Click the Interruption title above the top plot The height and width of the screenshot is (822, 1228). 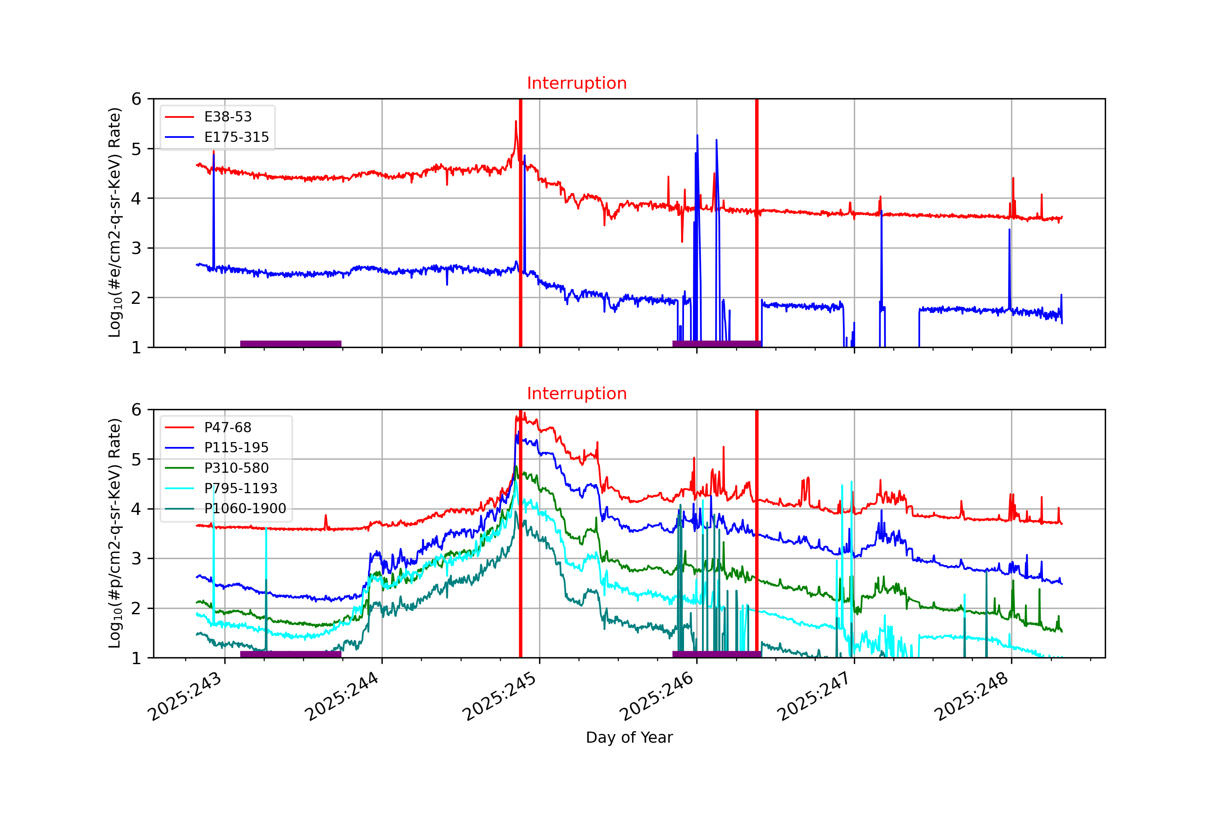click(576, 83)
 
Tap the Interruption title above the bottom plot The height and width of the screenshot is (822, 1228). click(576, 394)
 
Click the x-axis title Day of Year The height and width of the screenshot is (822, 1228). click(629, 738)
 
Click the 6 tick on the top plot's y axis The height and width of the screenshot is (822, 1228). click(136, 99)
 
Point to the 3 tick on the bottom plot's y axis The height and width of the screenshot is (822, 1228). click(136, 559)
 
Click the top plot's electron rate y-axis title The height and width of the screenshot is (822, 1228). click(115, 223)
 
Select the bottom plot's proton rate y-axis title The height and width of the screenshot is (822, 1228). click(115, 533)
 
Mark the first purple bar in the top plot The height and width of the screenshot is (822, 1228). click(291, 344)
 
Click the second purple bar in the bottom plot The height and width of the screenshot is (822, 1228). click(717, 654)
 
